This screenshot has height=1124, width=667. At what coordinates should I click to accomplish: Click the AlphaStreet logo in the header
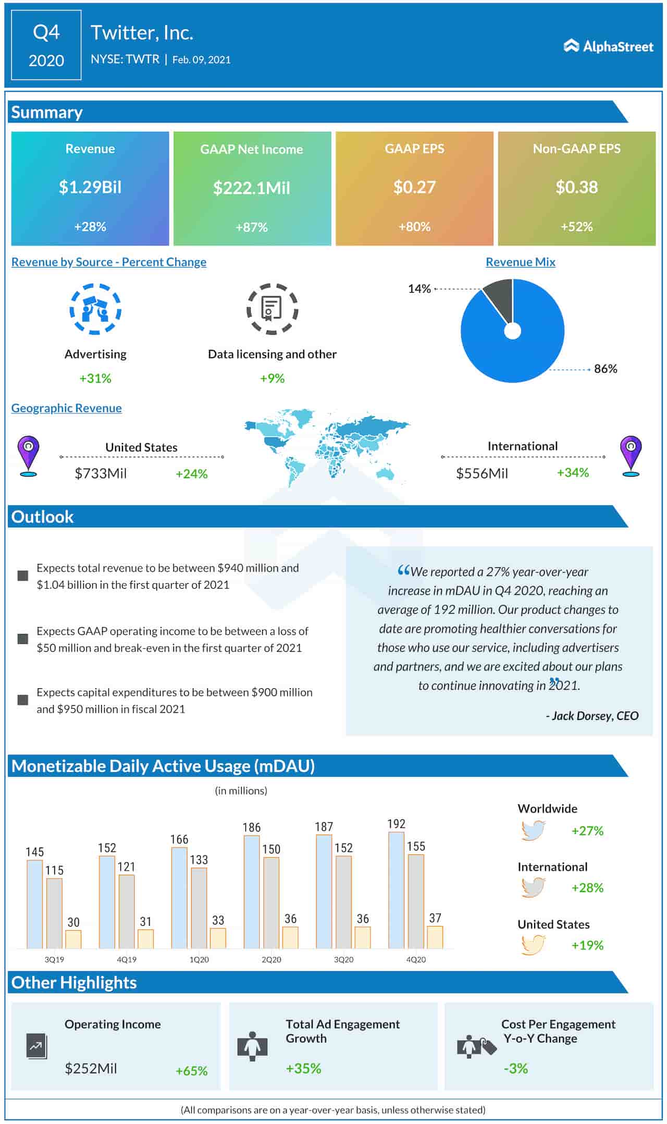point(608,46)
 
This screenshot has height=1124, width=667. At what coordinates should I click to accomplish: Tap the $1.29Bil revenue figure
point(90,187)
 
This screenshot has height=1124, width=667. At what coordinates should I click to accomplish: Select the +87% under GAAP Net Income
point(252,227)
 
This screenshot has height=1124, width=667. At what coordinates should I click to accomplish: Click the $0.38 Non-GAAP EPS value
point(576,187)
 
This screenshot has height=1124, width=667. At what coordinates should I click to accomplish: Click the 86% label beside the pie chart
point(605,369)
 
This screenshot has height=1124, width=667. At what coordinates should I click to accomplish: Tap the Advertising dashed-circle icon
point(95,309)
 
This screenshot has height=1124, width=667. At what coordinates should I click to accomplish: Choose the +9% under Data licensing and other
point(272,378)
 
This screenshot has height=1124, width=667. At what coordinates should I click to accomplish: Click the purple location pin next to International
point(631,456)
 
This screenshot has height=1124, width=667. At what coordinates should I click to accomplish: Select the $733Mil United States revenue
point(101,473)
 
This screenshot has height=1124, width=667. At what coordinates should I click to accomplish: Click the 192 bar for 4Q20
point(396,890)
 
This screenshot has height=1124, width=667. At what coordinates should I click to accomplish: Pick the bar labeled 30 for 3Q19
point(73,939)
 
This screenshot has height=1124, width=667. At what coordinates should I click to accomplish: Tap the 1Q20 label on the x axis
point(199,959)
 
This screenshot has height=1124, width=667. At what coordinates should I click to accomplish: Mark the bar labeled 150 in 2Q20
point(271,902)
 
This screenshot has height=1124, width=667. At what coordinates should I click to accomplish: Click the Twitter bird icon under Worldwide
point(533,830)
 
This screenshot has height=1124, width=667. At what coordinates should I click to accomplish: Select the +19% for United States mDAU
point(587,946)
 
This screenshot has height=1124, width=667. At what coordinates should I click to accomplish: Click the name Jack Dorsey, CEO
point(592,716)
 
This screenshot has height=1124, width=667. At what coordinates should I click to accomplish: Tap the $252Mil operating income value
point(91,1069)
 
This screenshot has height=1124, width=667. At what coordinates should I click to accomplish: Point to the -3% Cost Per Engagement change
point(515,1069)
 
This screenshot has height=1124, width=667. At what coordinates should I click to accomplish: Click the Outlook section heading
point(43,517)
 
